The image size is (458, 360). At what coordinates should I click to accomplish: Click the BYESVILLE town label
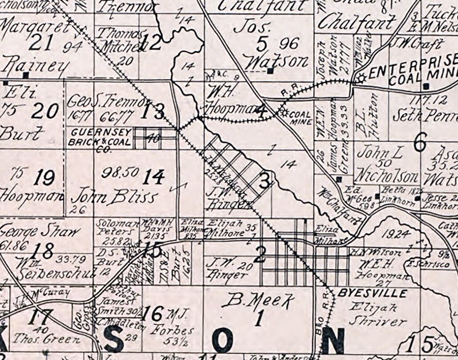372,293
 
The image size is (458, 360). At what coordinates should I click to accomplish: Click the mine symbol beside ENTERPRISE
360,78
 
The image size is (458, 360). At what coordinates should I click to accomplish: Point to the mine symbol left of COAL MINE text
283,111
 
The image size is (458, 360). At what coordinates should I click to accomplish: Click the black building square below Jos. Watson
270,71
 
